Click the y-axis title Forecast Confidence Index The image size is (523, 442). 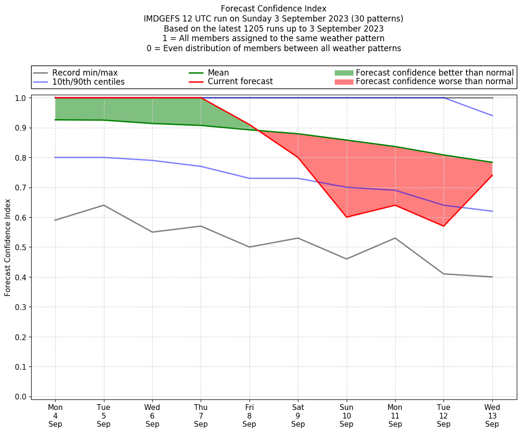[x=8, y=248]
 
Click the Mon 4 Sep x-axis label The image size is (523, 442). [x=55, y=416]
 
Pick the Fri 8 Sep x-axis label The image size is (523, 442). [x=249, y=416]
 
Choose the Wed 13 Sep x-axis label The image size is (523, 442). [x=492, y=416]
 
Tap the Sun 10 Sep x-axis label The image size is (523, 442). [x=346, y=416]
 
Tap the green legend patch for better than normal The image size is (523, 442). [x=343, y=73]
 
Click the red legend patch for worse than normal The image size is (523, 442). [x=343, y=82]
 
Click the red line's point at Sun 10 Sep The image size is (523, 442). [x=346, y=217]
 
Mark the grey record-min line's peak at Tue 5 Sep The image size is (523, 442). [x=103, y=205]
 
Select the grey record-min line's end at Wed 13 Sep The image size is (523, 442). [x=492, y=277]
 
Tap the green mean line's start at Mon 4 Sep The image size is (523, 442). [x=56, y=120]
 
